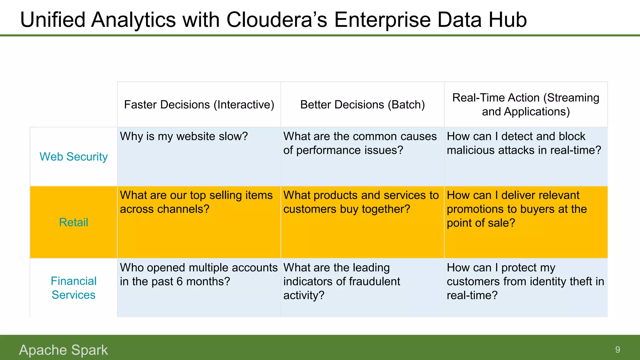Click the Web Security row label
coord(73,157)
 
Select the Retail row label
coord(73,222)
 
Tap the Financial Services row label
coord(73,288)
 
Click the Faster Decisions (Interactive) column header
coord(199,105)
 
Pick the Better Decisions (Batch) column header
coord(362,105)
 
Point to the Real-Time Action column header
coord(526,105)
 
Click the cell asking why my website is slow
coord(184,137)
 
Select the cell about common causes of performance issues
coord(359,143)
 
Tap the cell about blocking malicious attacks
coord(524,143)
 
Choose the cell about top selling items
coord(196,202)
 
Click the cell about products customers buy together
coord(361,202)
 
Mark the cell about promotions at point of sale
coord(517,209)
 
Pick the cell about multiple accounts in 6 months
coord(199,275)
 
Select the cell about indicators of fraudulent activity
coord(341,281)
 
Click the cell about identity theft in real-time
coord(525,281)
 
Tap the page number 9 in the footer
coord(617,350)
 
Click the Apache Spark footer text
coord(63,350)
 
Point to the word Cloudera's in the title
coord(277,20)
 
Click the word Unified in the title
coord(52,20)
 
